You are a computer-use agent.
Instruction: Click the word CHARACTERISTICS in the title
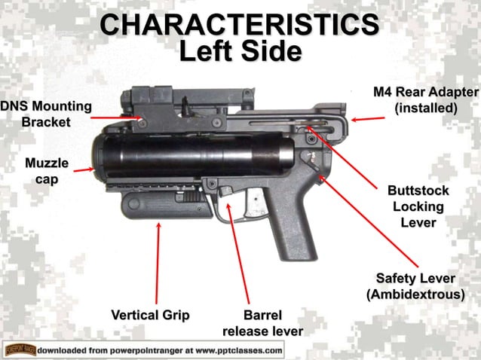pyautogui.click(x=240, y=24)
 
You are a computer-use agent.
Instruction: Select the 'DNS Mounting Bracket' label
pyautogui.click(x=45, y=114)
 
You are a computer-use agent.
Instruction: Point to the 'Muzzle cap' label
pyautogui.click(x=47, y=170)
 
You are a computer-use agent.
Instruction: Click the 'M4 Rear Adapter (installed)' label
pyautogui.click(x=426, y=100)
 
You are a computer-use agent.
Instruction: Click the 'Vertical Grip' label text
pyautogui.click(x=150, y=314)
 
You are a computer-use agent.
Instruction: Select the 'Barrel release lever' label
pyautogui.click(x=262, y=322)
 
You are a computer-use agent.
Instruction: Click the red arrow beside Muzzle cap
pyautogui.click(x=84, y=169)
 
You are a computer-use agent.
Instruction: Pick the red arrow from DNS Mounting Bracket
pyautogui.click(x=117, y=118)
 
